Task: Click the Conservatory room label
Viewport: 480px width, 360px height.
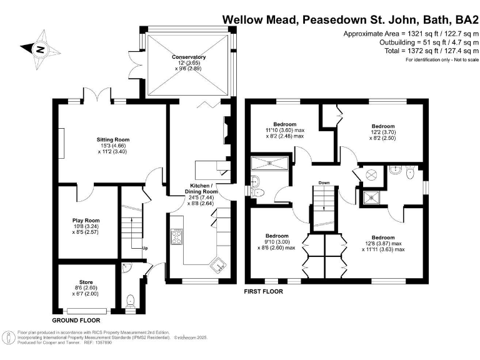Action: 189,57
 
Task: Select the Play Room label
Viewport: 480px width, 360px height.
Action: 86,221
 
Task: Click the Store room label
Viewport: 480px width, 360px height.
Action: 86,282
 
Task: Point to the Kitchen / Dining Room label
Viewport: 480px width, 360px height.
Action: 201,189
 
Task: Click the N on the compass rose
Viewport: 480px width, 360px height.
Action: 39,49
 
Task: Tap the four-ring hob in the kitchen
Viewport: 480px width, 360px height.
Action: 177,237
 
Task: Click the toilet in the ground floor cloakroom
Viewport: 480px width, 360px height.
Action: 131,300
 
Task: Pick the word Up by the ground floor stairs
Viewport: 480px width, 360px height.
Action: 145,248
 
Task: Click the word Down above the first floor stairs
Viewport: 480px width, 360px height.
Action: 324,182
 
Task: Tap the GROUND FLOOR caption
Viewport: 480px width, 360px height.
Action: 76,321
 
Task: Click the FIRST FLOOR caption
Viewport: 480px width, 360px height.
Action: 264,292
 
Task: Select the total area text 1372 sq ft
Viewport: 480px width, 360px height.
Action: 424,51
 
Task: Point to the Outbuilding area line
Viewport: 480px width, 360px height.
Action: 429,42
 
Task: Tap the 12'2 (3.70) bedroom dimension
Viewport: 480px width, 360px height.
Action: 383,132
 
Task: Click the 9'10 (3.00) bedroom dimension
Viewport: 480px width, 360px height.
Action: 277,242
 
